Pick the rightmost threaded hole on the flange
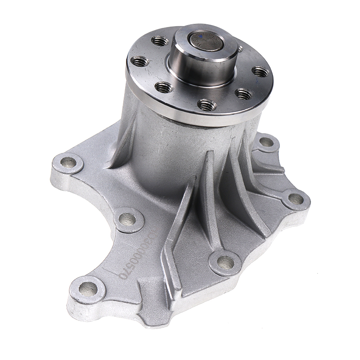click(x=260, y=71)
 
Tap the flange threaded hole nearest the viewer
click(x=207, y=105)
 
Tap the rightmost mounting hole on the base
click(x=296, y=198)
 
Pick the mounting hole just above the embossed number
click(x=127, y=220)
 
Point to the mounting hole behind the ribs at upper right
click(x=266, y=142)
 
